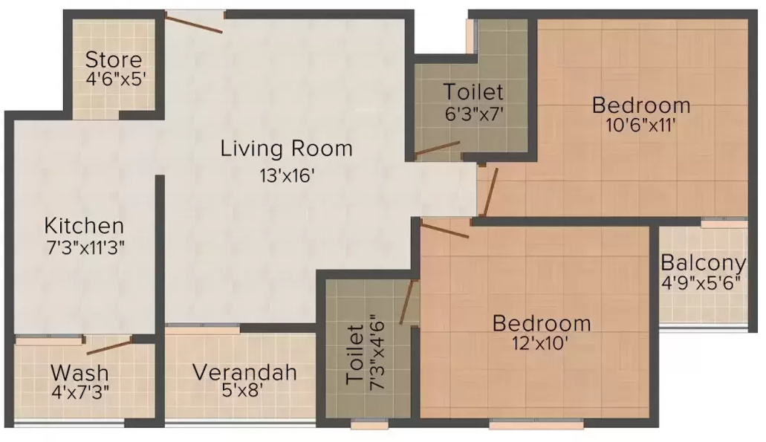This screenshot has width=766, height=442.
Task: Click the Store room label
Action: pos(113,59)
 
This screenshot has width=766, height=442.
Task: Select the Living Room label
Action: pos(286,149)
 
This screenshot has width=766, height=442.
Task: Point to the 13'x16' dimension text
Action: pos(286,176)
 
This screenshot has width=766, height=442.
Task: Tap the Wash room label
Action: pos(79,371)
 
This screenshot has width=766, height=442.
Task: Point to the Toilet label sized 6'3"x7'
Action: pos(473,92)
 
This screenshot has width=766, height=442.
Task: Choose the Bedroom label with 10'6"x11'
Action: pos(640,105)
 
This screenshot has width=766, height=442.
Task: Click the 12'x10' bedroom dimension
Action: pos(542,343)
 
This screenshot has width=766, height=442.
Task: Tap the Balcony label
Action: pos(703,262)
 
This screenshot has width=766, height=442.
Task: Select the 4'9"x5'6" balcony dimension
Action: pos(703,283)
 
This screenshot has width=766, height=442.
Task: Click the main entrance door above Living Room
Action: pos(194,22)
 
